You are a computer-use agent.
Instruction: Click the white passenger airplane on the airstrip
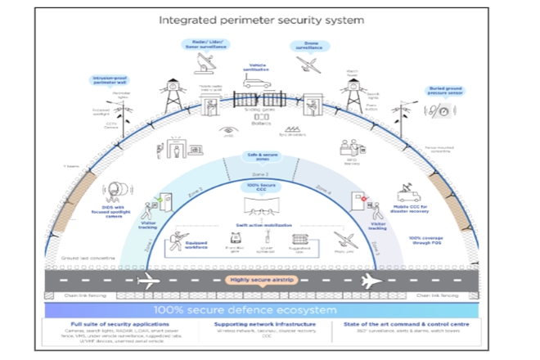point(371,281)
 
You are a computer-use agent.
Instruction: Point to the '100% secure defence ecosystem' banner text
point(269,312)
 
